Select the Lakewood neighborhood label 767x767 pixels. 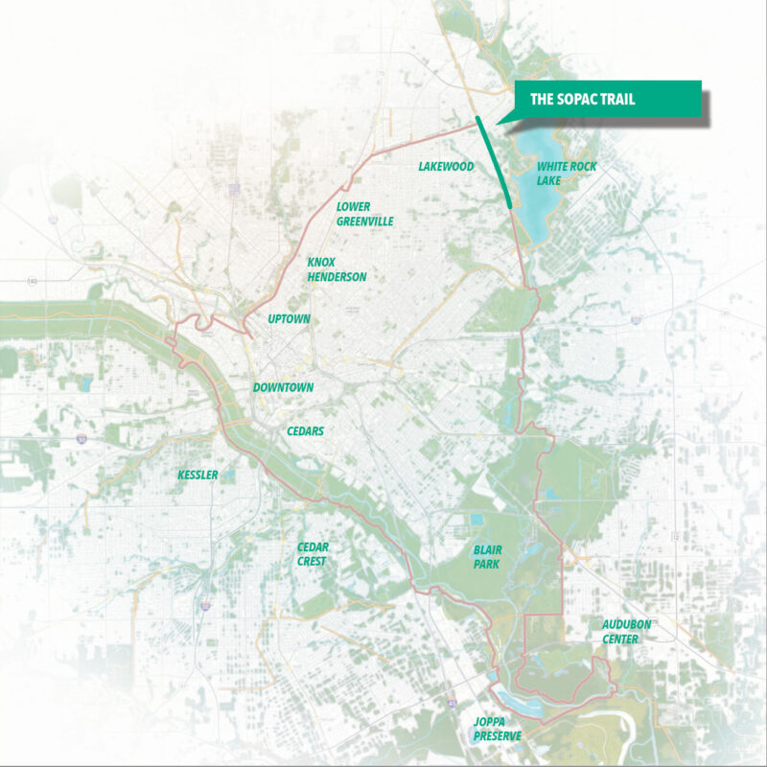tap(446, 167)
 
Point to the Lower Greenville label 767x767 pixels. tap(364, 214)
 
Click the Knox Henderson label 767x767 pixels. tap(336, 269)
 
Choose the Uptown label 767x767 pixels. tap(288, 318)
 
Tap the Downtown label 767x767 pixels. tap(283, 387)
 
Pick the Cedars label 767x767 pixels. tap(305, 431)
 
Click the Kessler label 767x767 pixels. tap(198, 476)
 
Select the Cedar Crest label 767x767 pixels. tap(313, 554)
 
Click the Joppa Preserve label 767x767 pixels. tap(498, 729)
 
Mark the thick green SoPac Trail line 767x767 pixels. tap(495, 163)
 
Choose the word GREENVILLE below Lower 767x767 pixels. tap(364, 221)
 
